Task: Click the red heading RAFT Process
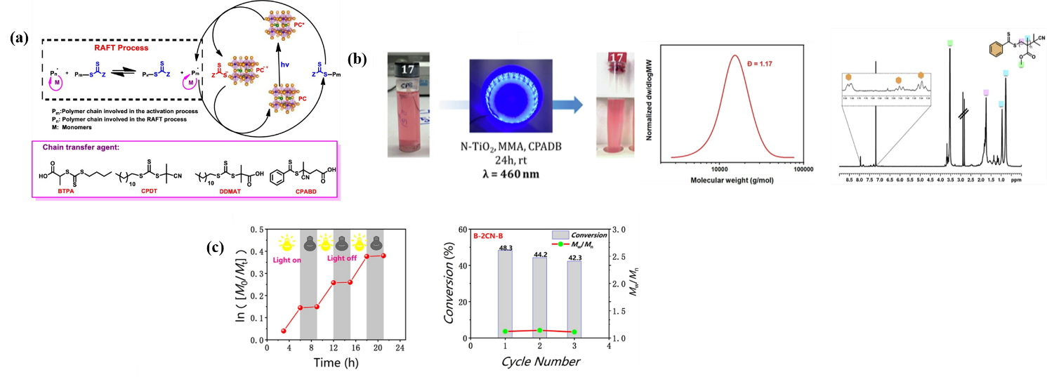[x=121, y=49]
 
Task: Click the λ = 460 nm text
[x=500, y=173]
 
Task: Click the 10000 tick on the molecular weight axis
[x=719, y=169]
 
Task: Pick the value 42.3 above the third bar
[x=574, y=257]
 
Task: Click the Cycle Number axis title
[x=541, y=362]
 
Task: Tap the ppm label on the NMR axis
[x=1016, y=180]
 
